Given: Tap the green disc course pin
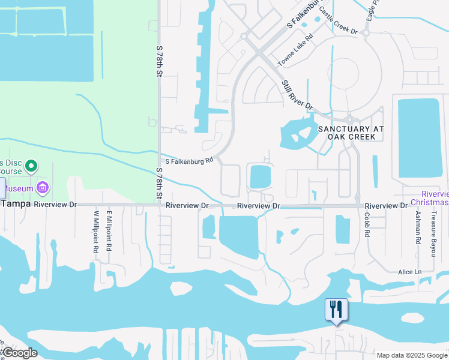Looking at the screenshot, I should pos(33,165).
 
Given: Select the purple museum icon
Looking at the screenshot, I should pos(43,188).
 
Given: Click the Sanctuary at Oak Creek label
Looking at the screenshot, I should pos(351,133).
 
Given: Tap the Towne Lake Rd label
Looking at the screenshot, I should pos(295,50).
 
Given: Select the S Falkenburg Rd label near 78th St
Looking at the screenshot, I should pos(190,161).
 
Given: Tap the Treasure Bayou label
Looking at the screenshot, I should pos(433,236).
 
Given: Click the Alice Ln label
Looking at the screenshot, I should pos(410,272).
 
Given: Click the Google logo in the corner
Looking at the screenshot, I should pos(20,353).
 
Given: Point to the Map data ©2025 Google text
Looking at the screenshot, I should pos(412,355).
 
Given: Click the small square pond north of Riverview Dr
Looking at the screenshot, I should pos(260,176).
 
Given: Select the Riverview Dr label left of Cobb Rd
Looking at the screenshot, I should pos(258,206).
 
